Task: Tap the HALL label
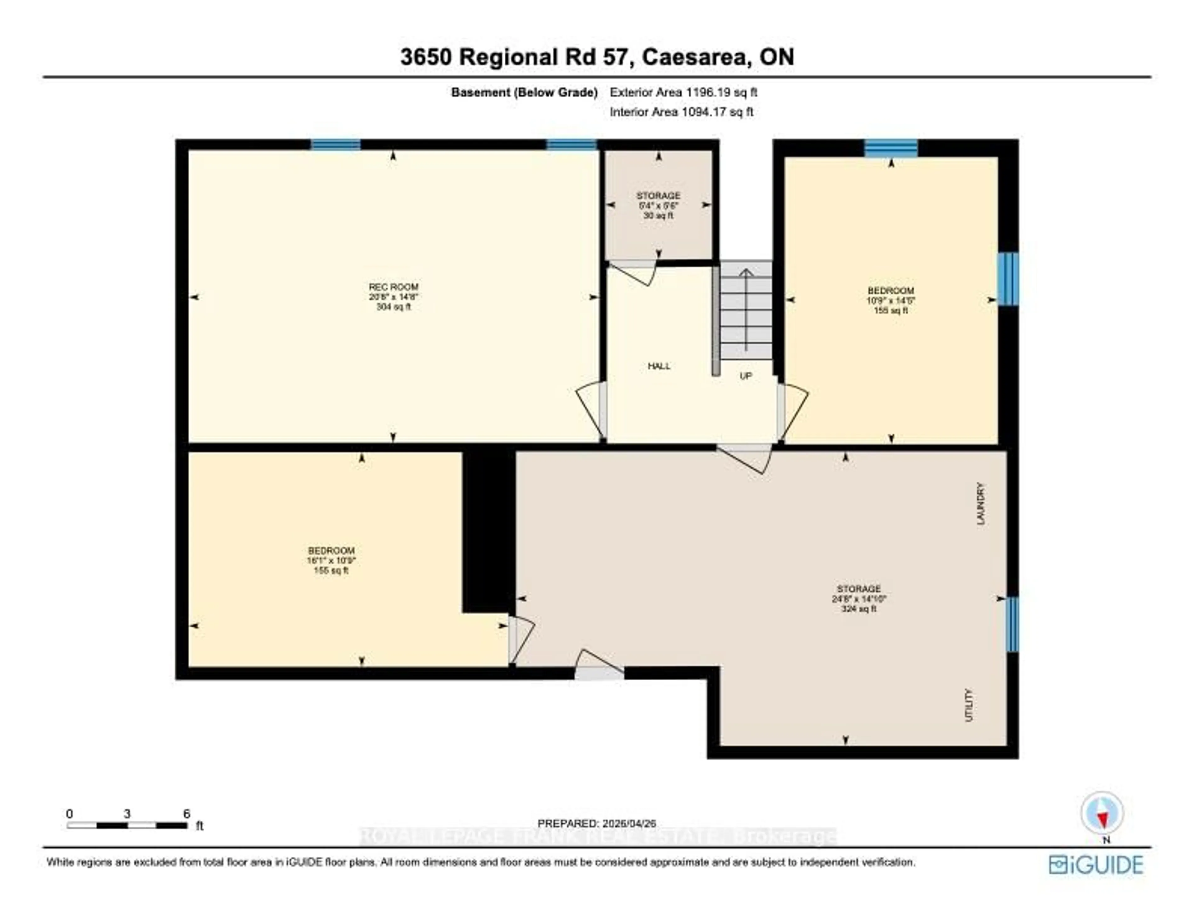tap(659, 366)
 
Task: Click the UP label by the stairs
tap(746, 376)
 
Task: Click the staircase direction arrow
tap(746, 309)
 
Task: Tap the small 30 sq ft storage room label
tap(658, 205)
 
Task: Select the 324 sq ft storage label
tap(859, 599)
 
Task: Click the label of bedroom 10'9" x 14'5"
tap(891, 300)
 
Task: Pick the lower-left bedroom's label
tap(331, 560)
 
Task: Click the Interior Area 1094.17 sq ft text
tap(681, 112)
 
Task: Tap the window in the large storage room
tap(1012, 624)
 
